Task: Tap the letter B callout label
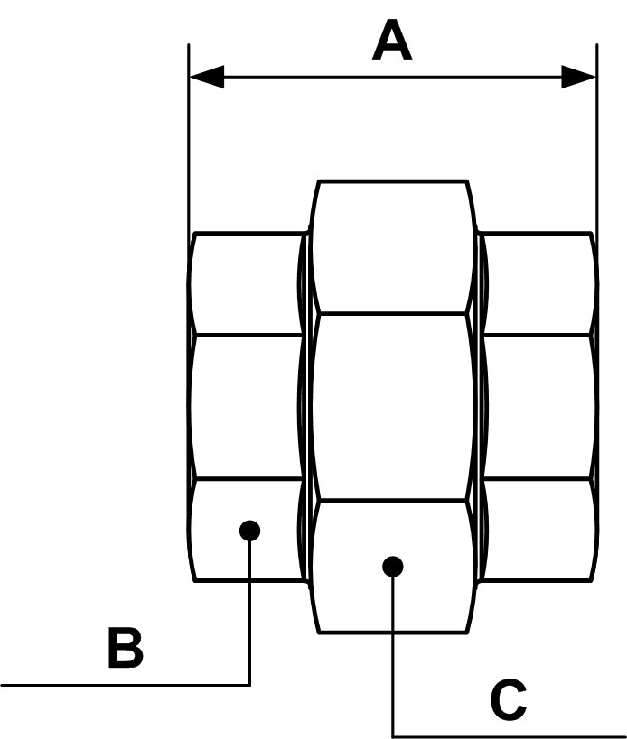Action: [x=125, y=648]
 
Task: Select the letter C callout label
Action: [x=509, y=699]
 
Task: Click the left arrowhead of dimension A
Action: [x=207, y=77]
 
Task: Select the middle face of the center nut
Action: [x=392, y=406]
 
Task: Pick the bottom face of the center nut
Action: [x=392, y=596]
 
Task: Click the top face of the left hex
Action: [x=246, y=284]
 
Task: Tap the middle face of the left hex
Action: [x=246, y=406]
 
